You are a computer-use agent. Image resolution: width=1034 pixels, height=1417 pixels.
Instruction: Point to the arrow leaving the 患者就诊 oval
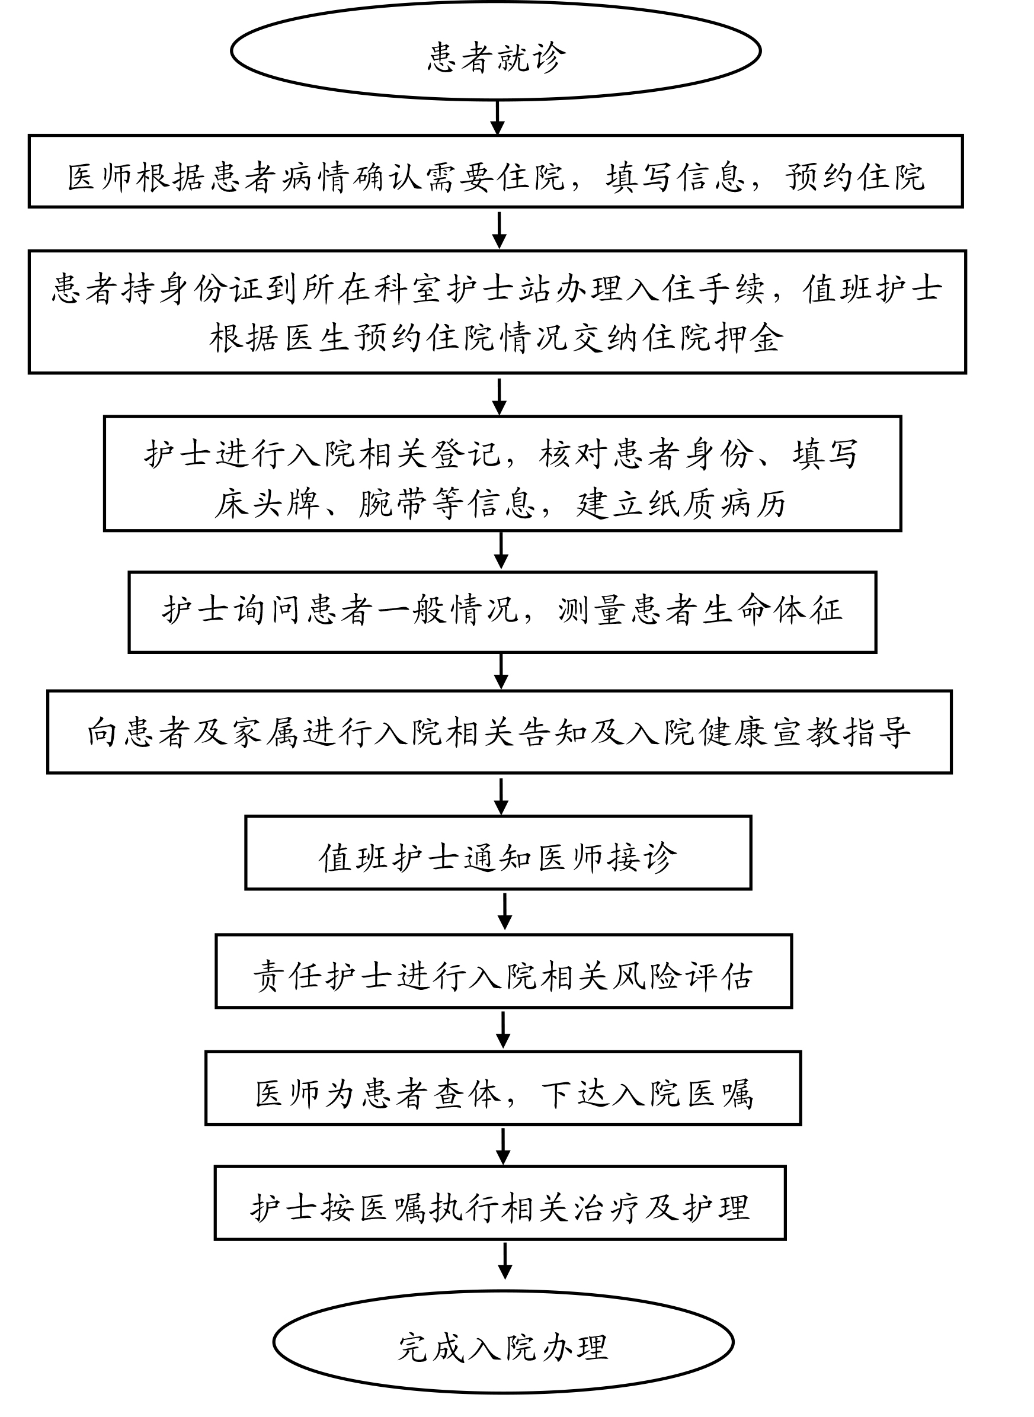tap(498, 118)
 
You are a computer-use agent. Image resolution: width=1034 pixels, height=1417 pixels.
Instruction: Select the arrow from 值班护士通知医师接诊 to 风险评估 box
tap(505, 912)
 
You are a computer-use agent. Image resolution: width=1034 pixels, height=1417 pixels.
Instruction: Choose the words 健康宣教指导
tap(804, 732)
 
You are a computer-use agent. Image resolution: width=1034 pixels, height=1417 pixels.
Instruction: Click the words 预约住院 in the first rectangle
tap(855, 177)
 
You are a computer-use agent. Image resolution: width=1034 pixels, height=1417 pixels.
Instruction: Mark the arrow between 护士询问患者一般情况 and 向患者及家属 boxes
tap(501, 671)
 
